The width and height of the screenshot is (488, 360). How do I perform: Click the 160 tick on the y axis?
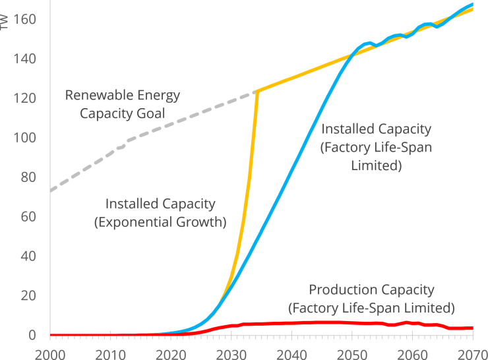tap(24, 19)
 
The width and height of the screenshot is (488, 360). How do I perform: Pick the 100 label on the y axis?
tap(24, 137)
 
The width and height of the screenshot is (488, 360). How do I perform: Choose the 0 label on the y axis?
tap(32, 335)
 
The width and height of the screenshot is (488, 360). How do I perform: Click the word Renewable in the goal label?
tap(96, 95)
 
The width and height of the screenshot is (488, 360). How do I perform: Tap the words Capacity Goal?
tap(122, 113)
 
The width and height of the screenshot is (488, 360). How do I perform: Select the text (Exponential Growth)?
tap(160, 222)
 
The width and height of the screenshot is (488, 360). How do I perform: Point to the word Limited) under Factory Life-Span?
tap(376, 165)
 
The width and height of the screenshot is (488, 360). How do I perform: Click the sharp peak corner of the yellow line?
tap(257, 91)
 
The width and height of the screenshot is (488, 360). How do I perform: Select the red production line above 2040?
tap(291, 323)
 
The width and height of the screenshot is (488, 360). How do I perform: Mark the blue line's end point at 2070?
tap(472, 5)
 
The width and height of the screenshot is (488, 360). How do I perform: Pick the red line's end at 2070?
tap(472, 328)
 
